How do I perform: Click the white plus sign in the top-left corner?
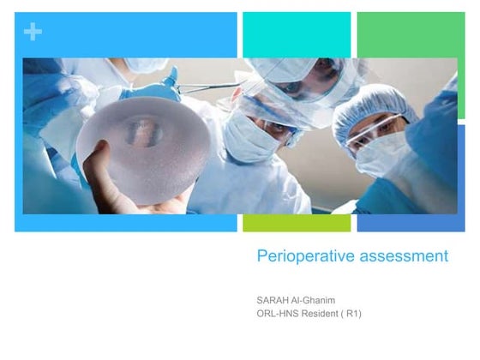click(x=33, y=32)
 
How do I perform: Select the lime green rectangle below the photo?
click(x=297, y=223)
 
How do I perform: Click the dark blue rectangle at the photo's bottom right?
click(x=411, y=223)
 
